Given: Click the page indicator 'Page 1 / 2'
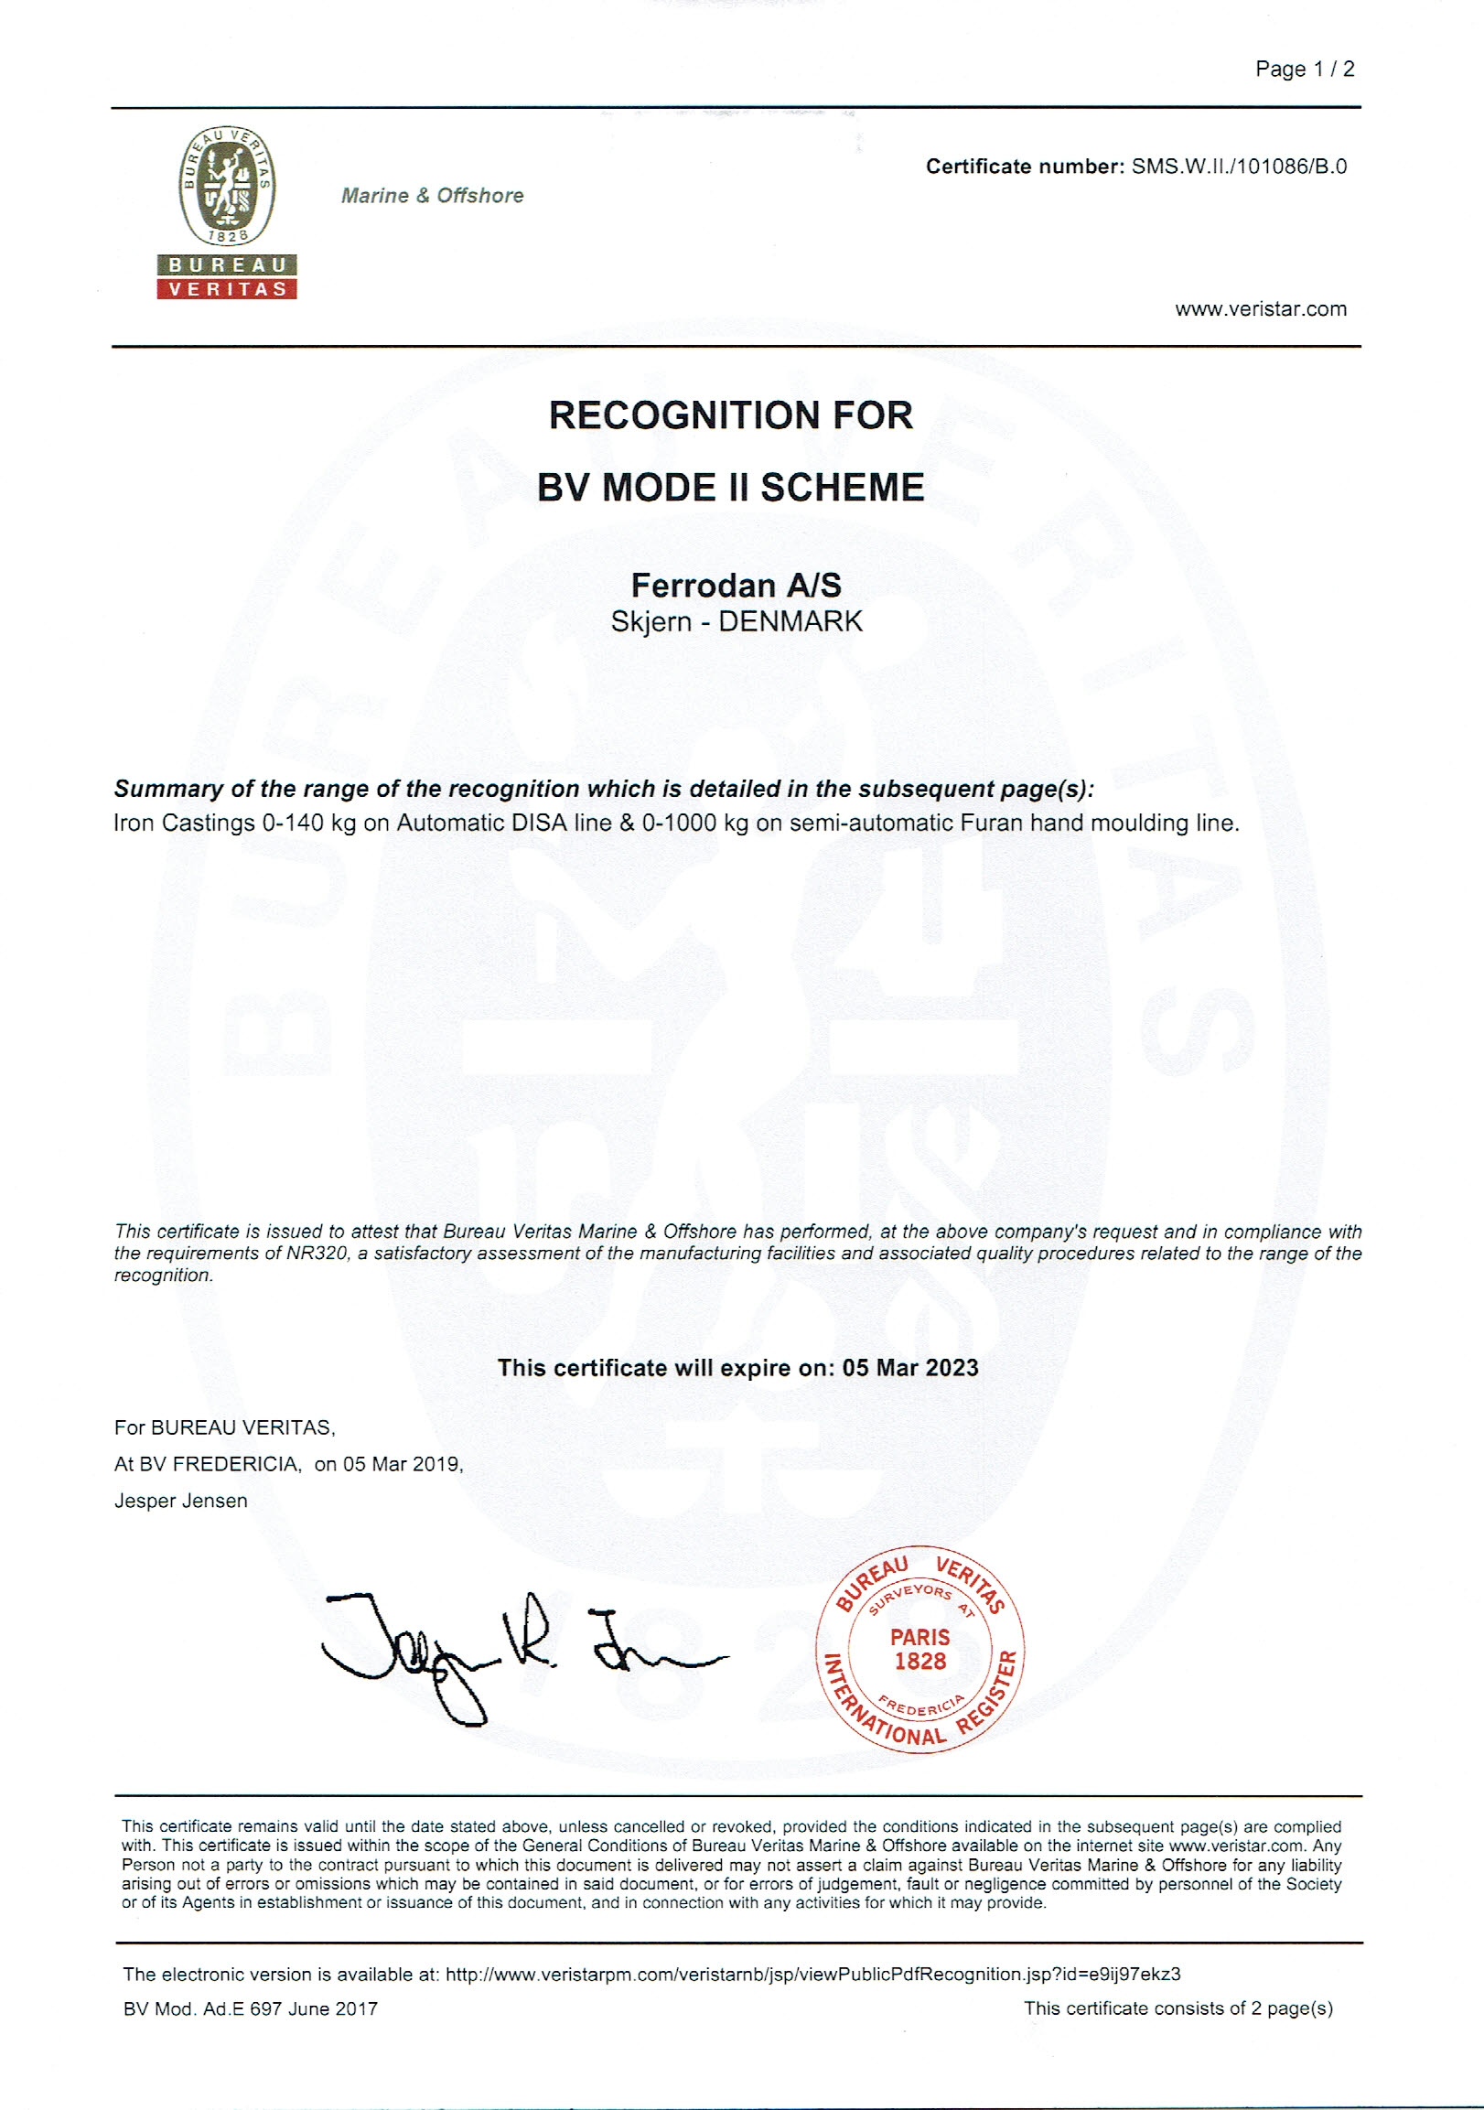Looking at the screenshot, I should point(1304,69).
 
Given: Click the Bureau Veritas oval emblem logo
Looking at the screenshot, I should point(227,187).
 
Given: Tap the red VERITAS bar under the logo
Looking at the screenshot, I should point(227,288).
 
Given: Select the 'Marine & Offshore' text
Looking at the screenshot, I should point(432,196).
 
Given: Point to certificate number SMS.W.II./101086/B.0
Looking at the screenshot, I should point(1239,167).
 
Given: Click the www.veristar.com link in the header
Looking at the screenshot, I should point(1261,308).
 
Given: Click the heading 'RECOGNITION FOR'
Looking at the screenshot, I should point(730,415).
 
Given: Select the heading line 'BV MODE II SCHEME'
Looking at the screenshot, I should point(730,487).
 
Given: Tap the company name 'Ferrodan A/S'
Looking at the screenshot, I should point(736,586).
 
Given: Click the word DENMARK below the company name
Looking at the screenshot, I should point(790,621).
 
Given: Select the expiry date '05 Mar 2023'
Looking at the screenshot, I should point(909,1367).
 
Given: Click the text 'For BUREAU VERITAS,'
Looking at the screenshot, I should point(225,1427).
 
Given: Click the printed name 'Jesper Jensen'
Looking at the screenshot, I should point(181,1501).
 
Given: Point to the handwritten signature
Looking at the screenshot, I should point(514,1654).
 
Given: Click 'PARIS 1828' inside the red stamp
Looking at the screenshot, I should point(919,1649).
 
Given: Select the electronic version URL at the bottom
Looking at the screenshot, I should point(812,1974).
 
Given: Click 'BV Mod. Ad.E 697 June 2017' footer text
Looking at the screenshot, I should point(251,2009).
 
